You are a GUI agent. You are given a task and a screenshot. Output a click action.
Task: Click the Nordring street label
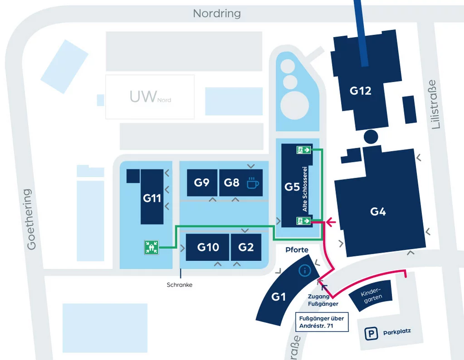[x=217, y=13]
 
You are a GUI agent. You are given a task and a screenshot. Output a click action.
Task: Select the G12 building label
[x=361, y=91]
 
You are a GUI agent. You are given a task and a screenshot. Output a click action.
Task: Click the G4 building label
[x=378, y=211]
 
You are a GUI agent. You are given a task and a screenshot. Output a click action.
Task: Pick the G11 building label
[x=152, y=198]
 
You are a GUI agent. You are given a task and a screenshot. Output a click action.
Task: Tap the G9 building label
[x=201, y=183]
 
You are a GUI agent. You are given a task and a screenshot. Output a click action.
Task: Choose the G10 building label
[x=208, y=247]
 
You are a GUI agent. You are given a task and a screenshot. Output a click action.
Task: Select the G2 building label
[x=246, y=247]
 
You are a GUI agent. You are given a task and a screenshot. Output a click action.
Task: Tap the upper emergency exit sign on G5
[x=303, y=150]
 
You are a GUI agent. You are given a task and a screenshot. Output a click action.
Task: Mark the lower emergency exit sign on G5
[x=303, y=221]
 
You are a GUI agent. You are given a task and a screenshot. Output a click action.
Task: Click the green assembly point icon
[x=151, y=247]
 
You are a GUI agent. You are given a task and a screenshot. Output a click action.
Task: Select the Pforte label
[x=297, y=250]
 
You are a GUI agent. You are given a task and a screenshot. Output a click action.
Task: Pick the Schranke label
[x=180, y=285]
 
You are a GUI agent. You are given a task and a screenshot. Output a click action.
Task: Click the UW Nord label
[x=150, y=97]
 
